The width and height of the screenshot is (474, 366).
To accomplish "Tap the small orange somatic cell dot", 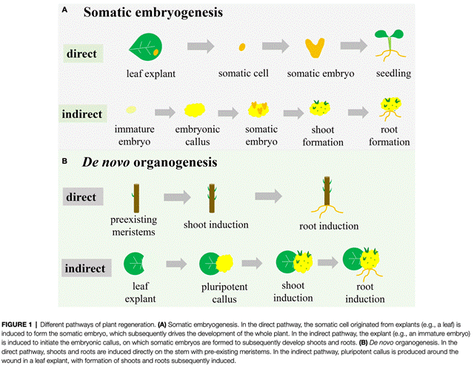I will (x=242, y=47).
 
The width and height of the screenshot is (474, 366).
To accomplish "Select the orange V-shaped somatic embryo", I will (x=316, y=47).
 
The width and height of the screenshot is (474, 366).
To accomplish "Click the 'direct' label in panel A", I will (x=86, y=55).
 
